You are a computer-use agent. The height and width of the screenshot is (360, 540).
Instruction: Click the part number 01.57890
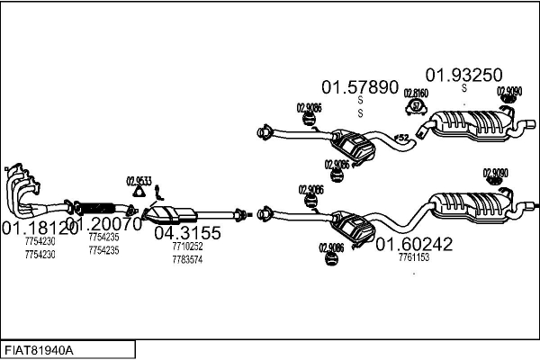[360, 87]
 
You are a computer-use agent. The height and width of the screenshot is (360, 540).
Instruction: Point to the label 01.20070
[103, 225]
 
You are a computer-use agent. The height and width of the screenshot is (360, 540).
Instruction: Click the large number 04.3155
[187, 232]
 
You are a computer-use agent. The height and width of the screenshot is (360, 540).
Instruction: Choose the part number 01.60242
[414, 243]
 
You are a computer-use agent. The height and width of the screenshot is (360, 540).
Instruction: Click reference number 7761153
[414, 257]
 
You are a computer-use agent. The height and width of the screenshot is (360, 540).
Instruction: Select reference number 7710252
[187, 246]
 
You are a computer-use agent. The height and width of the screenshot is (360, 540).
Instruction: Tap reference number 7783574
[187, 259]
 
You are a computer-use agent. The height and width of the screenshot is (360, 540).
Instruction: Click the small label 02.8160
[416, 93]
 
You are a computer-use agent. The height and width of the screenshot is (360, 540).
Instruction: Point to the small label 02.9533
[139, 178]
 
